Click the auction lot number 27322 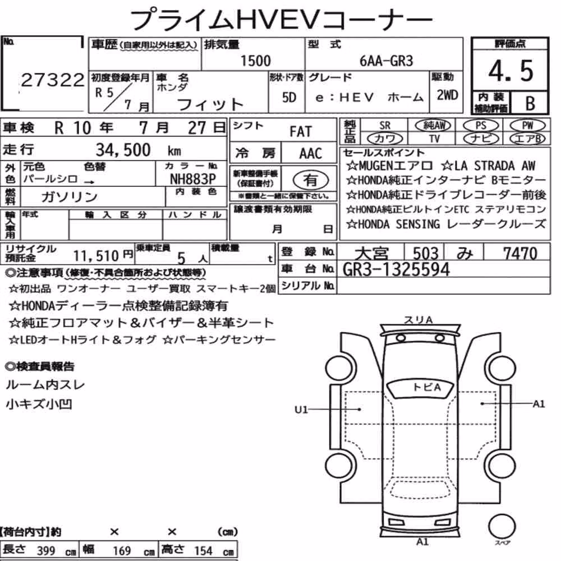pyautogui.click(x=53, y=80)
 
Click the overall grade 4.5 pyautogui.click(x=511, y=71)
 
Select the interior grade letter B pyautogui.click(x=530, y=103)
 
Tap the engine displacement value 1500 pyautogui.click(x=255, y=61)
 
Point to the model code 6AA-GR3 pyautogui.click(x=386, y=61)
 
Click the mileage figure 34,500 pyautogui.click(x=123, y=150)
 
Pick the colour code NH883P pyautogui.click(x=193, y=179)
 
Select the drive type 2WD pyautogui.click(x=447, y=95)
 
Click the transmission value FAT pyautogui.click(x=301, y=132)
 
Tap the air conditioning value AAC pyautogui.click(x=311, y=154)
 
